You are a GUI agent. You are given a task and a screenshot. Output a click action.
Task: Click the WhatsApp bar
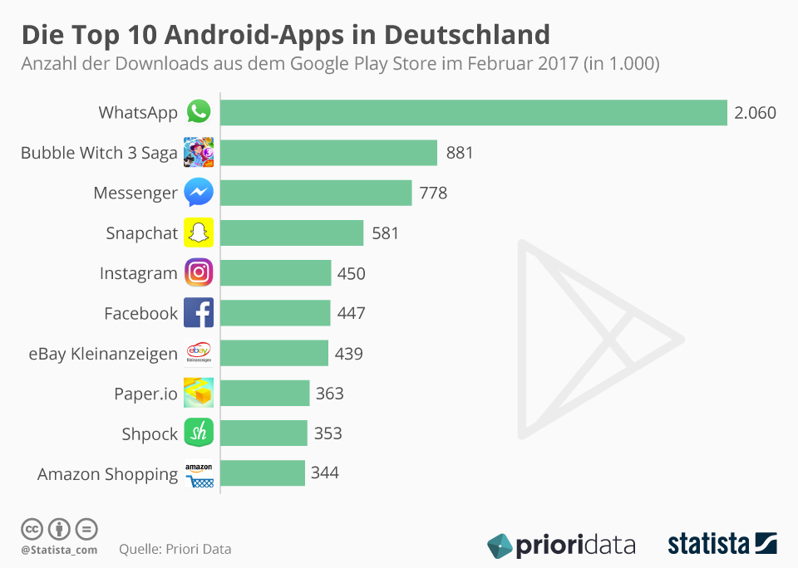tap(474, 112)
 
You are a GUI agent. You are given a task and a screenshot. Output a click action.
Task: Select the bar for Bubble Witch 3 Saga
tap(329, 153)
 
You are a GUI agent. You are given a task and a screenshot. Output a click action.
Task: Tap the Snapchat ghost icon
tap(199, 233)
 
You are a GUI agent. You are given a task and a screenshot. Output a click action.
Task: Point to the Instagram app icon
tap(199, 273)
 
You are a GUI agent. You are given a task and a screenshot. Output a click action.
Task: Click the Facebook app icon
tap(199, 313)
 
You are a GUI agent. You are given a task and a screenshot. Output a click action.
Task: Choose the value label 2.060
tap(755, 113)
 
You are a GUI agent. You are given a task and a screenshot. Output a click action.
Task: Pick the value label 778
tap(433, 193)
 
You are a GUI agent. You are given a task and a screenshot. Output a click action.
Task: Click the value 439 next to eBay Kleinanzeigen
tap(349, 354)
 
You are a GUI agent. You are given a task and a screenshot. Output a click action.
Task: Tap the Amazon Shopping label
tap(107, 475)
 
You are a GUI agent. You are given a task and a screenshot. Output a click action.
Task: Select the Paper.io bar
tap(265, 394)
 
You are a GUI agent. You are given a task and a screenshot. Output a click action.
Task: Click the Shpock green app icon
tap(199, 433)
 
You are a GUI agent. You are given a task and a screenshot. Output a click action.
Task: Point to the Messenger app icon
tap(199, 193)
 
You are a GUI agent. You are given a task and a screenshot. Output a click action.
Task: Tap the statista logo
tap(722, 545)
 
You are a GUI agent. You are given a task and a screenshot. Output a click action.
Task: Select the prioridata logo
tap(561, 546)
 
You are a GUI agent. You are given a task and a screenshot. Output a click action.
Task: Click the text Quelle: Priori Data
tap(175, 549)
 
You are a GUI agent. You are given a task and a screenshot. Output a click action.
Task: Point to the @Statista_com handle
tap(59, 550)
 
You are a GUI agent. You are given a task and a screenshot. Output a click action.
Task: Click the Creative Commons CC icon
tap(32, 529)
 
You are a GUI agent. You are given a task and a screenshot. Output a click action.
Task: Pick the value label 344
tap(325, 473)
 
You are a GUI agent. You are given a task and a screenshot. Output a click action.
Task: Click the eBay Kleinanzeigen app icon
tap(199, 354)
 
